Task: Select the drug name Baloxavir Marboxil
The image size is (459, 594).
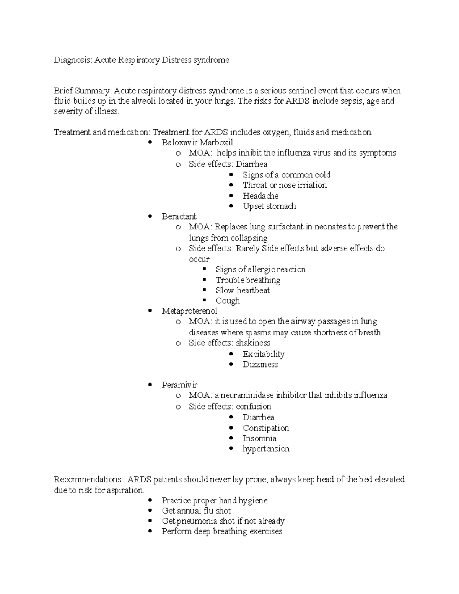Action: (197, 143)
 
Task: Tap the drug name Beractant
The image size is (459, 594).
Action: (179, 216)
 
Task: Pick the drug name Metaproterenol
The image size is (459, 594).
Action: (189, 311)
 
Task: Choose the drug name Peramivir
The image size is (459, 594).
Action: (179, 385)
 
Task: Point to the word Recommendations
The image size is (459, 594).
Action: (88, 480)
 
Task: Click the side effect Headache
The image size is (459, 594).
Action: (260, 196)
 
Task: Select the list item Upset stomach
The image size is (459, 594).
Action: (269, 206)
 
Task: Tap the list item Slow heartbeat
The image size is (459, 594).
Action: (243, 290)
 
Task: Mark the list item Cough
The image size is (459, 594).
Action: (228, 301)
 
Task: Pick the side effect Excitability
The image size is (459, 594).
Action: (263, 354)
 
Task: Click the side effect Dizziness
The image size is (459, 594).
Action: (260, 365)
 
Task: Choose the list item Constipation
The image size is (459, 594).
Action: (265, 428)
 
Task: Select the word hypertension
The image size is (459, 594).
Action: (266, 449)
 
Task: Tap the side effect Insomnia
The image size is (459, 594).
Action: (259, 438)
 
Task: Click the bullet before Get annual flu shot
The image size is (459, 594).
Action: (150, 511)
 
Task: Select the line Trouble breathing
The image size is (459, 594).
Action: (248, 280)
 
